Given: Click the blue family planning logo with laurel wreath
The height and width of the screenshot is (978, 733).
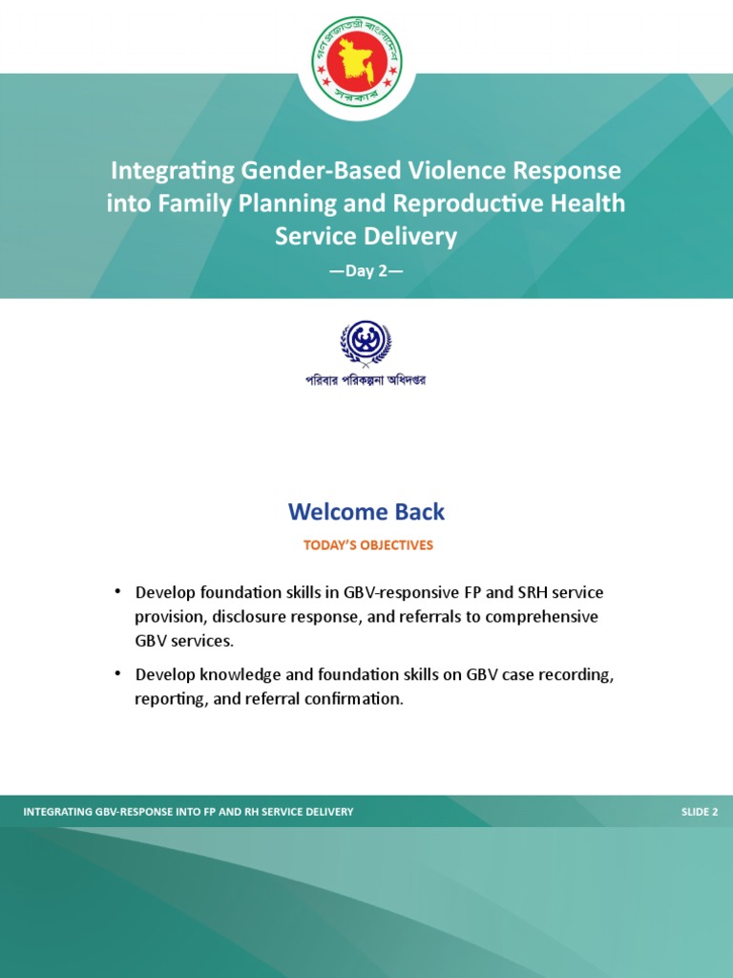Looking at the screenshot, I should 366,344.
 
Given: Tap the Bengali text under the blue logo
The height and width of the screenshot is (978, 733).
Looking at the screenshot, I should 366,380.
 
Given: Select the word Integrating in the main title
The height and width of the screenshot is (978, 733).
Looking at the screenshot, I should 172,171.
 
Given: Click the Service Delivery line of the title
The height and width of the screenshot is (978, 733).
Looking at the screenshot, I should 366,236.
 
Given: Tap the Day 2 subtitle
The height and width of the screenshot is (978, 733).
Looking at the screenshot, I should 366,270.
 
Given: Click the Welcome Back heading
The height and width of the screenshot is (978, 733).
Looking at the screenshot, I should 366,512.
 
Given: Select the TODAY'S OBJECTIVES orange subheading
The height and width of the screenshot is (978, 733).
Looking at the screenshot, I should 367,545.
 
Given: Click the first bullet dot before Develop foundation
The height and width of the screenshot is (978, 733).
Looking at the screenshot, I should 117,591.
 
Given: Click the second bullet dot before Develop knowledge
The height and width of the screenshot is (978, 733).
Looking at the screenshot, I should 117,673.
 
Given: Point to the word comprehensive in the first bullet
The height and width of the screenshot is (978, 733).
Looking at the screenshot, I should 541,617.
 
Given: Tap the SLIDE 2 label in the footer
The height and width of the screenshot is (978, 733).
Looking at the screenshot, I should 699,812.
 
